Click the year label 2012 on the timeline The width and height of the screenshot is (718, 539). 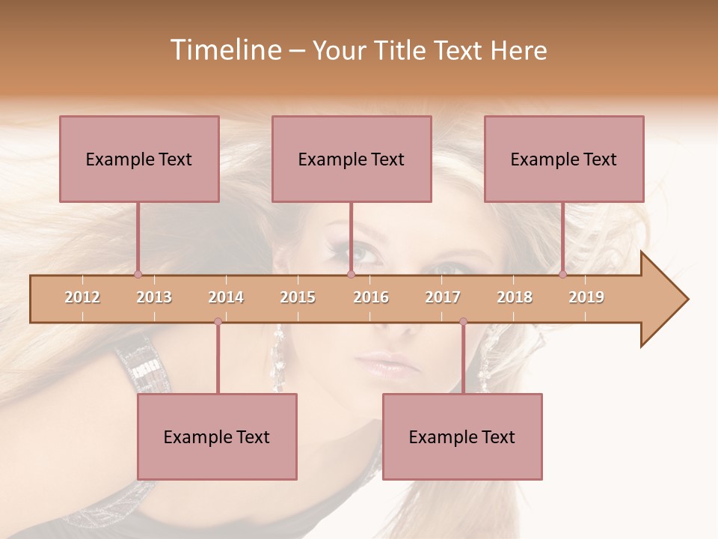coord(82,297)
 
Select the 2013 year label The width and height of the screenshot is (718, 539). coord(154,297)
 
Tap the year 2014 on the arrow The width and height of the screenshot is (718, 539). coord(226,297)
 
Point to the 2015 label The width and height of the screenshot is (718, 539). coord(298,297)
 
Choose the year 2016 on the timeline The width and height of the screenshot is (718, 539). coord(371,297)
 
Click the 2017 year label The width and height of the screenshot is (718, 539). coord(443,297)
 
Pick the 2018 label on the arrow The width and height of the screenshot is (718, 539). coord(515,297)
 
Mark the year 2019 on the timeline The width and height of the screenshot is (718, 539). coord(586,297)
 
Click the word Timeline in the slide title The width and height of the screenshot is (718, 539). coord(224,50)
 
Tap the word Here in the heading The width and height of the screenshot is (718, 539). coord(518,50)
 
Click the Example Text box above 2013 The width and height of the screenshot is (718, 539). coord(139,159)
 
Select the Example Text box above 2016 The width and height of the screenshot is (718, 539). coord(352,159)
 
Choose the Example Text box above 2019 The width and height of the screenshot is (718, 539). coord(564,159)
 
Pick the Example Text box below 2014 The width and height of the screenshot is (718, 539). coord(217,436)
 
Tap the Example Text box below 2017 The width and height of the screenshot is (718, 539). coord(462,436)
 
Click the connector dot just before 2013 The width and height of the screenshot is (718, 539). coord(138,274)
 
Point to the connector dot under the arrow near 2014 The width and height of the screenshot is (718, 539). coord(218,321)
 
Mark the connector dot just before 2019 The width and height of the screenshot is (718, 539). coord(562,274)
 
